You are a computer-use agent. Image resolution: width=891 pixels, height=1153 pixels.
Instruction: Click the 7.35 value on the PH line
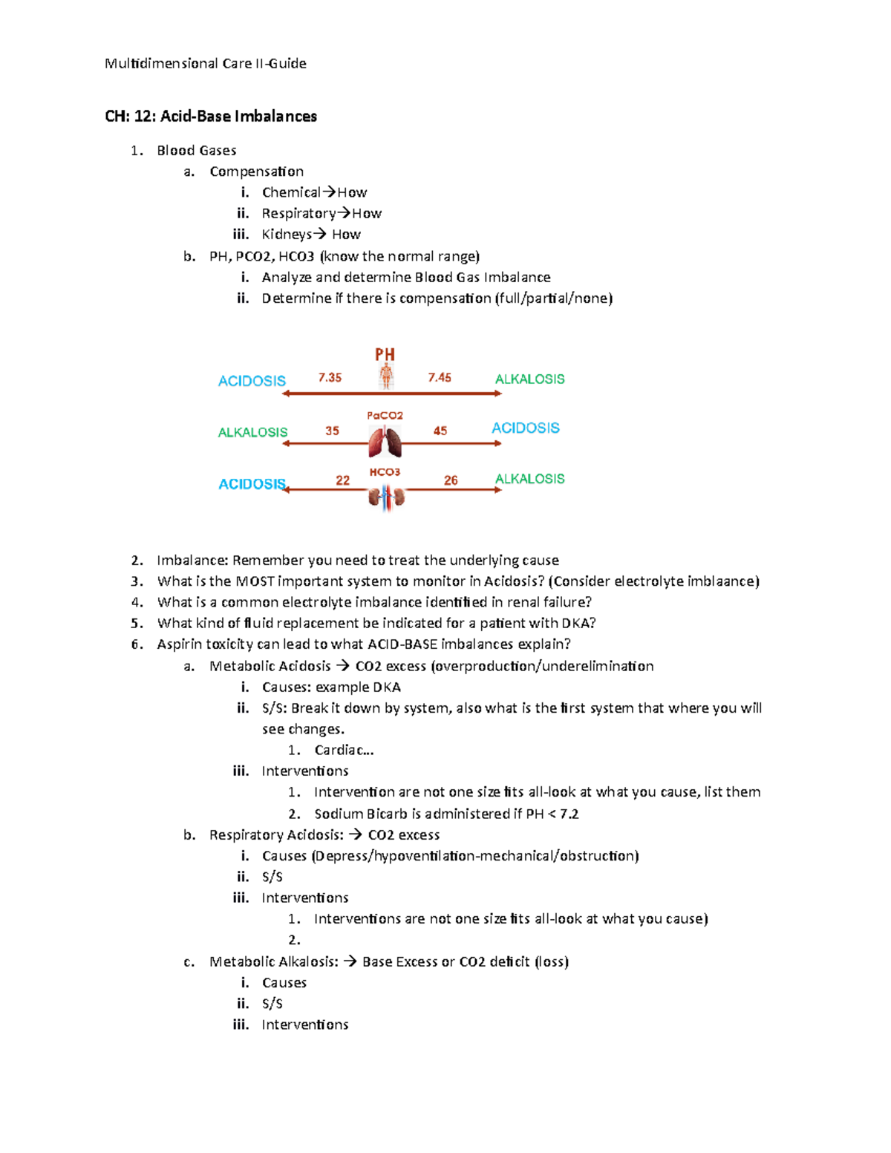[x=330, y=377]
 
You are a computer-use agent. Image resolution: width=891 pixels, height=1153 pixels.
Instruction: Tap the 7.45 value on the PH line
[x=440, y=377]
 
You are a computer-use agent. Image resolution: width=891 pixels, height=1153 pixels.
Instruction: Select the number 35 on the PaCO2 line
[x=332, y=431]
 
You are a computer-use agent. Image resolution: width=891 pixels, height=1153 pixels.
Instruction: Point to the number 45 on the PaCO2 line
[x=440, y=431]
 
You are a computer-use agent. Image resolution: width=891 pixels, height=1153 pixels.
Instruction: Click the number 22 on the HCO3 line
[x=342, y=480]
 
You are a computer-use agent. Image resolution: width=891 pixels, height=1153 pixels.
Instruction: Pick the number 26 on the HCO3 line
[x=451, y=480]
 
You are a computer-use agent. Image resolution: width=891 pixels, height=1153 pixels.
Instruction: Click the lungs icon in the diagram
[x=385, y=442]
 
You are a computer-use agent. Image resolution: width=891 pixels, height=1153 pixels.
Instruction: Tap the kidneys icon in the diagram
[x=386, y=497]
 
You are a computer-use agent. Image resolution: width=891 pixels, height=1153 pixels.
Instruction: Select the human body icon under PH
[x=386, y=376]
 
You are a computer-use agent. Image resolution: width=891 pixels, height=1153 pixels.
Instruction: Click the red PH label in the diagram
[x=385, y=354]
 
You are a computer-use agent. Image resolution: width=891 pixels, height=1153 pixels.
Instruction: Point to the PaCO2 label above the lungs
[x=385, y=416]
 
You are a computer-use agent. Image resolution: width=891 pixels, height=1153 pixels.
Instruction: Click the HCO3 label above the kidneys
[x=385, y=472]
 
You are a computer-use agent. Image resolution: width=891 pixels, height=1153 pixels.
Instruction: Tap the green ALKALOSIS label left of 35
[x=252, y=432]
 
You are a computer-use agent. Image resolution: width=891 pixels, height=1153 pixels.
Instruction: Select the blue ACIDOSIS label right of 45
[x=525, y=428]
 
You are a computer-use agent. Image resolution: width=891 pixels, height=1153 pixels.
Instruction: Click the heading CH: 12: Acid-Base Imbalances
[x=211, y=116]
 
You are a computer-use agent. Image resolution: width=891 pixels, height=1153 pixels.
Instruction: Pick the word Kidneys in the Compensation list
[x=287, y=235]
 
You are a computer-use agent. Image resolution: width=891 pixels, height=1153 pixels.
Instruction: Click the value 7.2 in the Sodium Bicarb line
[x=569, y=814]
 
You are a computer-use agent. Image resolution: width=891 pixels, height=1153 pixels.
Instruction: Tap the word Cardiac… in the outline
[x=344, y=750]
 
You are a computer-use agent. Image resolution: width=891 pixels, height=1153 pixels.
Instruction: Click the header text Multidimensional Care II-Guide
[x=205, y=63]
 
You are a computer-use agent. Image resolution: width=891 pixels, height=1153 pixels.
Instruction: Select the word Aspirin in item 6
[x=179, y=644]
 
